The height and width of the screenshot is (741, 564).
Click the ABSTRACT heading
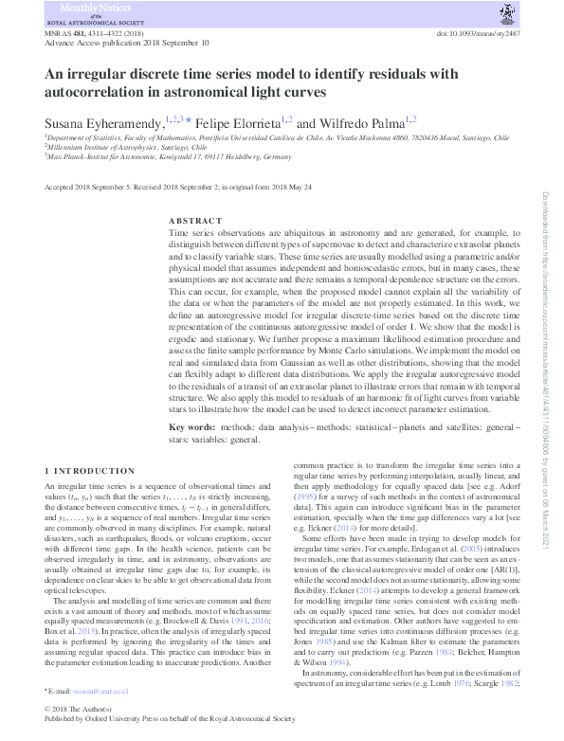(x=195, y=221)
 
